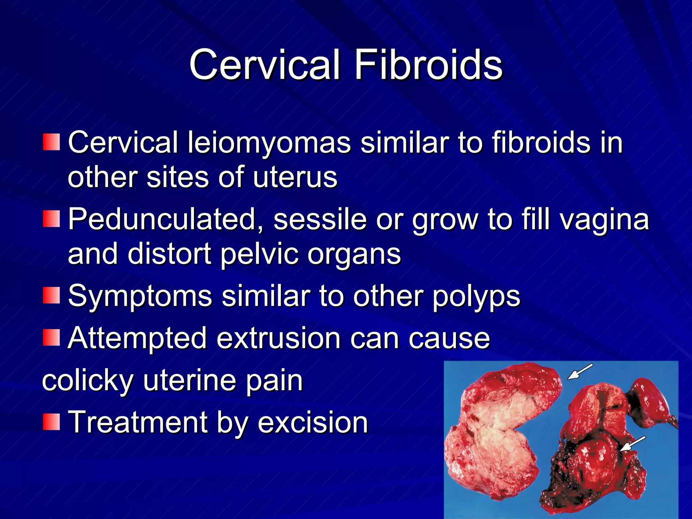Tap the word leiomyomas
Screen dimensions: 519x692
[269, 143]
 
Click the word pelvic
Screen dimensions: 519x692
[259, 255]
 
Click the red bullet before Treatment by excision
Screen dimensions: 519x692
[51, 422]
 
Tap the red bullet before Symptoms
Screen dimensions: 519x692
[51, 295]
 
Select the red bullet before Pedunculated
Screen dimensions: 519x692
[51, 219]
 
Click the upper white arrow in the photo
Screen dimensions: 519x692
[580, 372]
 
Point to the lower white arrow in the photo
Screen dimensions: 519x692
[633, 444]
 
